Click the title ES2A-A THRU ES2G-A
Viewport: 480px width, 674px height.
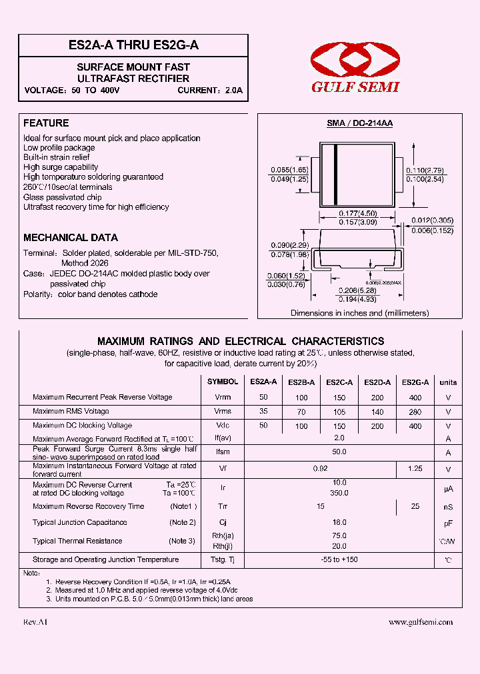click(133, 45)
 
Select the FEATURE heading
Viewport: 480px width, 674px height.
click(46, 123)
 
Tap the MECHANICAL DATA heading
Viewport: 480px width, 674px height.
click(71, 238)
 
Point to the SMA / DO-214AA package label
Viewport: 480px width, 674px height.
click(359, 123)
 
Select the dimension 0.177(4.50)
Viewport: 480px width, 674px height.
click(358, 213)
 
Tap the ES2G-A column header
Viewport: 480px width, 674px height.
click(415, 382)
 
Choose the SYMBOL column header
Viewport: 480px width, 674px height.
click(223, 382)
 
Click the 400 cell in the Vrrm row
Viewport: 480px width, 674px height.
click(415, 398)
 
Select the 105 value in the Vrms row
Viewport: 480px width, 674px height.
click(339, 412)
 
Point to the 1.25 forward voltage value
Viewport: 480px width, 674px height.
click(415, 469)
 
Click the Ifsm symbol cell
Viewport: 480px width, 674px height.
click(223, 453)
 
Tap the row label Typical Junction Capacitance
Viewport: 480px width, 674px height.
click(80, 523)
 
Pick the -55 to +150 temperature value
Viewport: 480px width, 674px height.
click(339, 559)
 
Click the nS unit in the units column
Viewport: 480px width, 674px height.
click(448, 507)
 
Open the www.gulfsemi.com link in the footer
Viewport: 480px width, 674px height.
click(420, 622)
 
